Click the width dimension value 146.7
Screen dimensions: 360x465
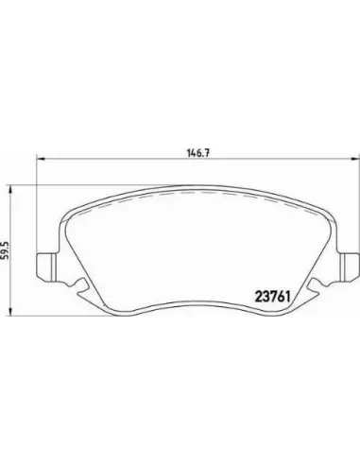point(198,153)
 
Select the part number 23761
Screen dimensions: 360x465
point(272,297)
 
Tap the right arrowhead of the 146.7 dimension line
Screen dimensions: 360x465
point(355,159)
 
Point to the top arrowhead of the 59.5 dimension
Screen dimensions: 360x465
point(10,190)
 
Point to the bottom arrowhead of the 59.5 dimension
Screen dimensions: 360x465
point(10,311)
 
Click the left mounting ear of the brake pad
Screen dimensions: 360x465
point(47,267)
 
